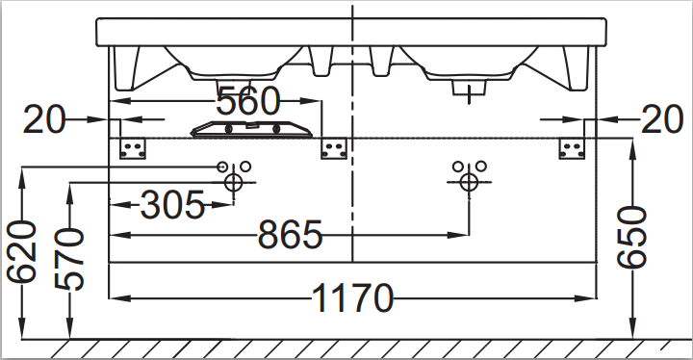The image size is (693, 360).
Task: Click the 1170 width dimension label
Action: click(x=352, y=299)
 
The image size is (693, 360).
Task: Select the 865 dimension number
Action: click(x=290, y=235)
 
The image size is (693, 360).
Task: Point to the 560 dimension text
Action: click(x=247, y=99)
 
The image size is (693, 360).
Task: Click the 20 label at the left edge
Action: click(x=44, y=119)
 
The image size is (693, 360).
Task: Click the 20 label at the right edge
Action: click(x=660, y=119)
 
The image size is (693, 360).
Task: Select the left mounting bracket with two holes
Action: click(x=133, y=148)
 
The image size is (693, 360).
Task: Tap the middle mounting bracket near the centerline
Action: click(x=334, y=148)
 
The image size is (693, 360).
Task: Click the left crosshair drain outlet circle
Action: click(x=232, y=182)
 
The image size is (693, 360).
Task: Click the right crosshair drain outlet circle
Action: click(x=469, y=182)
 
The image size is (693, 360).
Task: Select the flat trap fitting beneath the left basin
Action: click(x=252, y=128)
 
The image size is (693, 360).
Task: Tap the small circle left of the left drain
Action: click(x=221, y=166)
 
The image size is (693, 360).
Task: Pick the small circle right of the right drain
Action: click(x=480, y=166)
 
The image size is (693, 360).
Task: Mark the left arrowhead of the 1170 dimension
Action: click(x=115, y=299)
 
